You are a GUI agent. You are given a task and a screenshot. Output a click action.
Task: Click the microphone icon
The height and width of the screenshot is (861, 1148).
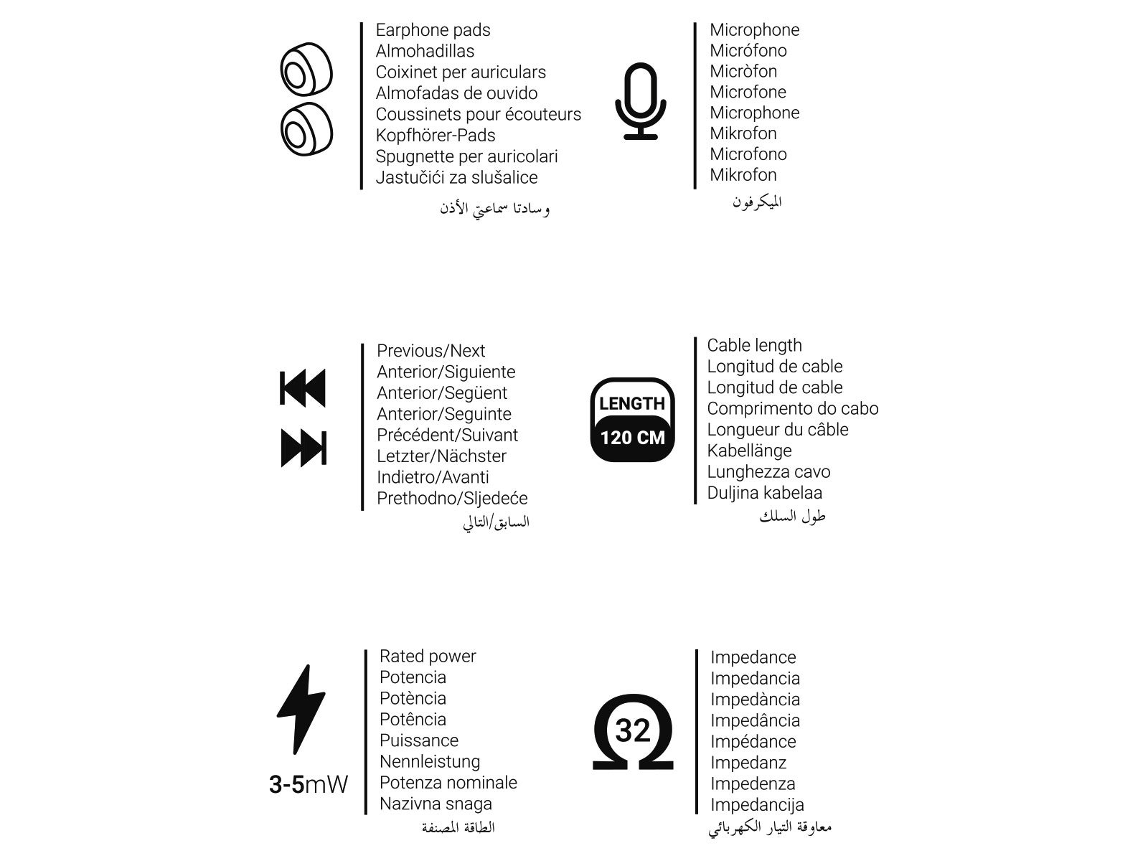pyautogui.click(x=640, y=101)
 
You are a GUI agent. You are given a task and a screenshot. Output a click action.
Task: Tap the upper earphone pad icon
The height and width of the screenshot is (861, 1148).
pyautogui.click(x=306, y=71)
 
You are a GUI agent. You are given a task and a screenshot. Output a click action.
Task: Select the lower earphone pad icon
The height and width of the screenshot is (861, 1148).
pyautogui.click(x=306, y=130)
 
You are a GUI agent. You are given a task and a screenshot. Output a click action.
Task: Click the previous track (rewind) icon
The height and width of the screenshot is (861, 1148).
pyautogui.click(x=302, y=388)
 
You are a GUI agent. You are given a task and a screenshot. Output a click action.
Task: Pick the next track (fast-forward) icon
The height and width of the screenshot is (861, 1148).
pyautogui.click(x=304, y=448)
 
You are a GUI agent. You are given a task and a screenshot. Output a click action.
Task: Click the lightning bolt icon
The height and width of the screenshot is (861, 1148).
pyautogui.click(x=301, y=709)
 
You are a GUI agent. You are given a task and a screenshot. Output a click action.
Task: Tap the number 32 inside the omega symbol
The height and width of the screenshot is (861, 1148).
pyautogui.click(x=633, y=730)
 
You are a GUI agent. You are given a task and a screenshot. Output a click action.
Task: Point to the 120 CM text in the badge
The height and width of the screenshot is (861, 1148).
pyautogui.click(x=632, y=438)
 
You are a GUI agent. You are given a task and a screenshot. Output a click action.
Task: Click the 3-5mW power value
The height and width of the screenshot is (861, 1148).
pyautogui.click(x=309, y=784)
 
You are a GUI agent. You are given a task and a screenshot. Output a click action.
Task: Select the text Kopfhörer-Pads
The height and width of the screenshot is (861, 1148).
pyautogui.click(x=436, y=135)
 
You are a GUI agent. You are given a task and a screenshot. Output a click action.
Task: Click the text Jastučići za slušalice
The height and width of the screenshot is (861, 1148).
pyautogui.click(x=456, y=177)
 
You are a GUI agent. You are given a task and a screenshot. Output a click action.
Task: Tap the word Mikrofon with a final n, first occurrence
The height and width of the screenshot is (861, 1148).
pyautogui.click(x=743, y=133)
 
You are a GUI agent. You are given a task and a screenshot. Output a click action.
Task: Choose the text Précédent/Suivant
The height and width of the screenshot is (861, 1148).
pyautogui.click(x=447, y=435)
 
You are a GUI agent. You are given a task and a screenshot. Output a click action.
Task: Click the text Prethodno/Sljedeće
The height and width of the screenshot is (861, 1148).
pyautogui.click(x=452, y=498)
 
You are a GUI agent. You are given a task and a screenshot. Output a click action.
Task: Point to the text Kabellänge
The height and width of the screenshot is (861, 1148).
pyautogui.click(x=749, y=451)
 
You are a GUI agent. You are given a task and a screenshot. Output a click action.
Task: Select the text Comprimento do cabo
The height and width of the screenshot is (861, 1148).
pyautogui.click(x=792, y=408)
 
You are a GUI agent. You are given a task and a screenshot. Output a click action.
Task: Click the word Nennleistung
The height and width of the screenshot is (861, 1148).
pyautogui.click(x=430, y=761)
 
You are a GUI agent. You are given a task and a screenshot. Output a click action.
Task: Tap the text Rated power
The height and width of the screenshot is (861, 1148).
pyautogui.click(x=428, y=656)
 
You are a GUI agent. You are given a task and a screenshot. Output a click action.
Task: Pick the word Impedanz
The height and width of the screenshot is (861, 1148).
pyautogui.click(x=748, y=763)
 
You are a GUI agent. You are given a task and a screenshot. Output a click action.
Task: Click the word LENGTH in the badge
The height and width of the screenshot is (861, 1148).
pyautogui.click(x=632, y=404)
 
